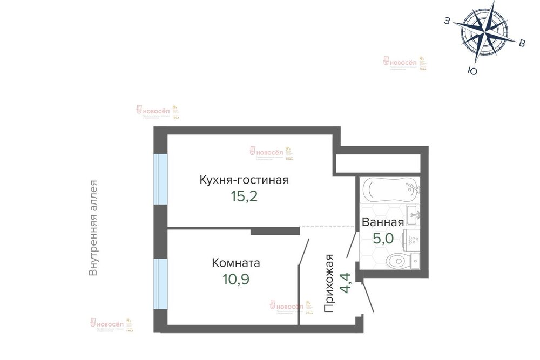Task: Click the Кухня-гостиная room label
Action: [x=244, y=180]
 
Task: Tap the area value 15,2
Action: [x=244, y=196]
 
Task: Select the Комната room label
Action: [x=236, y=263]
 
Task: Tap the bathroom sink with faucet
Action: [x=413, y=215]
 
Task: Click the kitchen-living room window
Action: [x=160, y=179]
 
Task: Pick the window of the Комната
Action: [x=160, y=284]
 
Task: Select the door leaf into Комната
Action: [x=303, y=252]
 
